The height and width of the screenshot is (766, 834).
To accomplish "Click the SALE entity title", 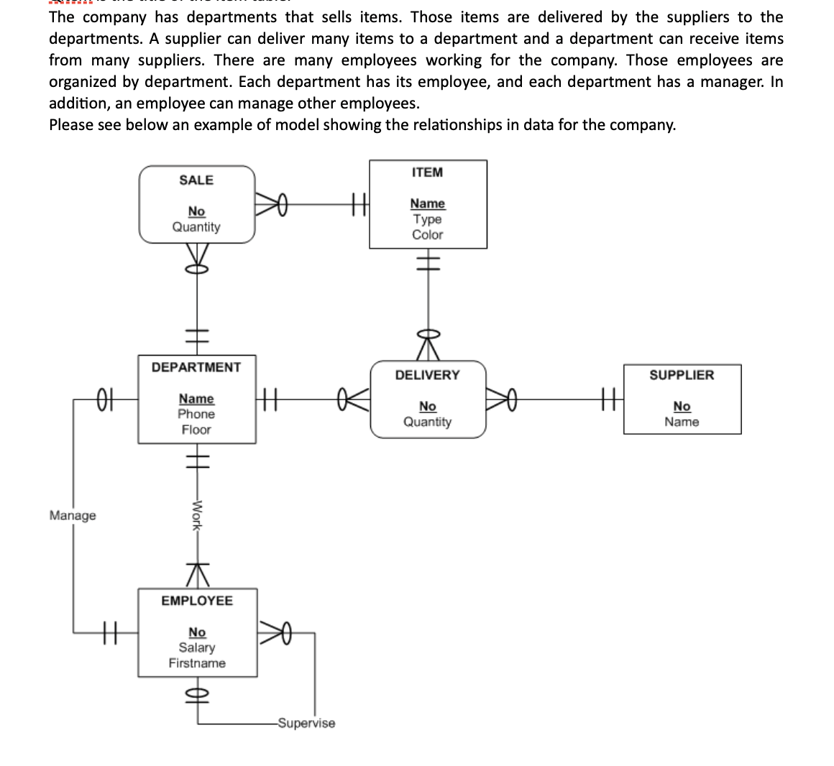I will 196,180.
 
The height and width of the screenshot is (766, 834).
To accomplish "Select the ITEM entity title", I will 427,172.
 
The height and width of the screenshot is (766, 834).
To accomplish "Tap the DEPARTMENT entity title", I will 196,367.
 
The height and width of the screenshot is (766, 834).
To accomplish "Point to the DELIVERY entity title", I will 427,375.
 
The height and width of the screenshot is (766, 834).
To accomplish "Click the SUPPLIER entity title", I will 682,375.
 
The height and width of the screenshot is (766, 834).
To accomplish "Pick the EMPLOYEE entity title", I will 196,601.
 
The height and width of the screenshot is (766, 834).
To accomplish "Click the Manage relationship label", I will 73,516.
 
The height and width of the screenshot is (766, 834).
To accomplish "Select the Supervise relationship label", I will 306,723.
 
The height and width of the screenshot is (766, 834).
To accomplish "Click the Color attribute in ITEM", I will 427,235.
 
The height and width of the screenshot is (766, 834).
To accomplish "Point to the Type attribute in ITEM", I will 427,220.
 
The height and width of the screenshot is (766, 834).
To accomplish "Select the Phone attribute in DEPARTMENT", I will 196,415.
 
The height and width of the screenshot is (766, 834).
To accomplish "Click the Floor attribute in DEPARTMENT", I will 196,430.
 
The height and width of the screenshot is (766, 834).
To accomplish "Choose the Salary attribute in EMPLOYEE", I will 196,647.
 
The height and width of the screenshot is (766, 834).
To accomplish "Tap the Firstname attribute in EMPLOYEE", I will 196,663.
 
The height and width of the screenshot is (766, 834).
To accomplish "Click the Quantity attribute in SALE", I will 196,227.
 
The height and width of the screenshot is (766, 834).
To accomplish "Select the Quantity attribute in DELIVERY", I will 427,422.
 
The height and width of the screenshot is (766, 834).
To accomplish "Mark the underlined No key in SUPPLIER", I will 682,407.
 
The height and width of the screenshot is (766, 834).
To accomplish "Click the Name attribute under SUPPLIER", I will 682,422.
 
